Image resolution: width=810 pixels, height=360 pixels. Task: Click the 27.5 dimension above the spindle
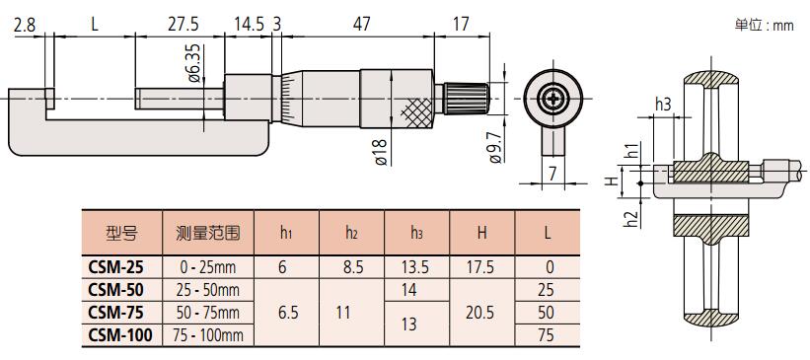click(x=181, y=25)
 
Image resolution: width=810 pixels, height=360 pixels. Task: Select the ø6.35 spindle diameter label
click(x=194, y=63)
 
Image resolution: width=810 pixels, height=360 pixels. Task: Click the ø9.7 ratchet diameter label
click(x=495, y=149)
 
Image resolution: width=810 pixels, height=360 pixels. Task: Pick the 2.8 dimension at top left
click(x=25, y=25)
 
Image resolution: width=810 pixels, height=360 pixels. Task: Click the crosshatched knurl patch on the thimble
click(x=415, y=112)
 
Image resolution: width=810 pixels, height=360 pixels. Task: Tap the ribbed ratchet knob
click(x=466, y=99)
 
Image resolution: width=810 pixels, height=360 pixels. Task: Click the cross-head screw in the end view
click(x=552, y=98)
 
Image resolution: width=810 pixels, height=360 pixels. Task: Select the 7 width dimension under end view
click(x=552, y=174)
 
